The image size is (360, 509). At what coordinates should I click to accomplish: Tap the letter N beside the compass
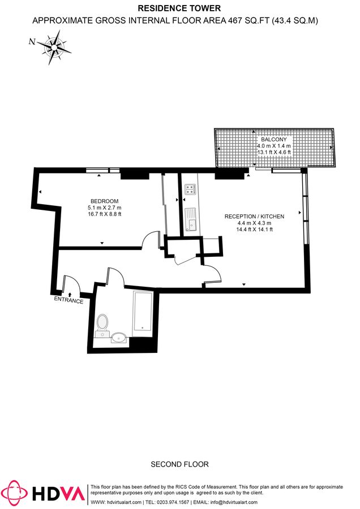32,41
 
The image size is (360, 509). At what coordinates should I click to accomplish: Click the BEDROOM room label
104,201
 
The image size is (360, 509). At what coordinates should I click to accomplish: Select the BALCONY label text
274,139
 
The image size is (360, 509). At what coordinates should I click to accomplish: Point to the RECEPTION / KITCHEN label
254,217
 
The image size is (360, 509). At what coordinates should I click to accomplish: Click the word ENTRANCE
68,301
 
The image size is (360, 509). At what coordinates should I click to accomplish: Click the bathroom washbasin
119,338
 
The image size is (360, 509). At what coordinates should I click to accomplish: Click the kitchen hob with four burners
190,190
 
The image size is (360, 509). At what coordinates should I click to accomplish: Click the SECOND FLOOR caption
179,464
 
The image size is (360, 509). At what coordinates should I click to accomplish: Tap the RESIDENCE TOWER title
179,8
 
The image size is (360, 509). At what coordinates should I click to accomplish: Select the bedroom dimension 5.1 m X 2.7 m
104,208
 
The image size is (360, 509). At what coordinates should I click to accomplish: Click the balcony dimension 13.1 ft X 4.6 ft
274,152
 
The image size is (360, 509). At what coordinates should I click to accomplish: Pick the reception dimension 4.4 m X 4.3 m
254,223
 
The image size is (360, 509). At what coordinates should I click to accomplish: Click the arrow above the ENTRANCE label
70,294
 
